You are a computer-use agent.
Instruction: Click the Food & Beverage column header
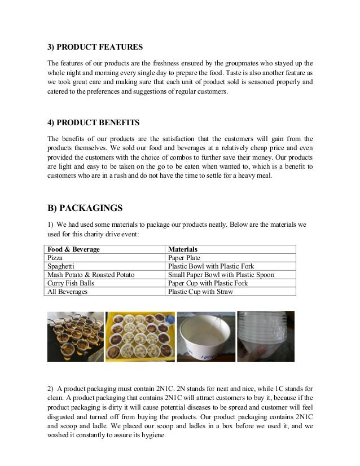tap(74, 249)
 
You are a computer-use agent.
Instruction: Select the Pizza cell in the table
tap(56, 257)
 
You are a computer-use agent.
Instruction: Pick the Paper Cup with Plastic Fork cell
tap(204, 284)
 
